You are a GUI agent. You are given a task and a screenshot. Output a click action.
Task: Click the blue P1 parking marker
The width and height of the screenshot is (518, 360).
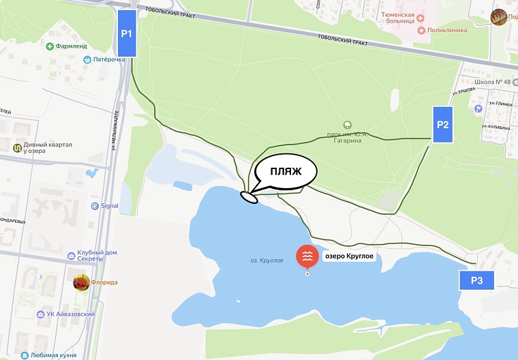pyautogui.click(x=127, y=33)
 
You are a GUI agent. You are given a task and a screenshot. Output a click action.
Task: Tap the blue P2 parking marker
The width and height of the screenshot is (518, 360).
pyautogui.click(x=442, y=125)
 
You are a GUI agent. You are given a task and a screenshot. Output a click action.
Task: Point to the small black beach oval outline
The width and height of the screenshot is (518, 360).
pyautogui.click(x=249, y=198)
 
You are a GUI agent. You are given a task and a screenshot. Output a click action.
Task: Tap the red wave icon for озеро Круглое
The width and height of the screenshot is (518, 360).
pyautogui.click(x=306, y=256)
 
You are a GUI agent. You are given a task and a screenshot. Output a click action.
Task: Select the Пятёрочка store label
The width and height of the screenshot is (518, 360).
pyautogui.click(x=109, y=60)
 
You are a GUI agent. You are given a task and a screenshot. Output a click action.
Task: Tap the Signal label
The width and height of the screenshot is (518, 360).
pyautogui.click(x=109, y=205)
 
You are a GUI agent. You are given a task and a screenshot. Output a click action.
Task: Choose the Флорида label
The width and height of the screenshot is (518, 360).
pyautogui.click(x=105, y=282)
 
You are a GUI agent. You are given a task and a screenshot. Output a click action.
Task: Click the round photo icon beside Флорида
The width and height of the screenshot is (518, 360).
pyautogui.click(x=81, y=282)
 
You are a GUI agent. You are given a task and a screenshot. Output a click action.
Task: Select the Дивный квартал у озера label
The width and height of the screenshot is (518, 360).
pyautogui.click(x=47, y=148)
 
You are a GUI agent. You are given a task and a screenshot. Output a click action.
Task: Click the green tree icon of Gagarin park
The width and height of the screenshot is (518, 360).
pyautogui.click(x=348, y=125)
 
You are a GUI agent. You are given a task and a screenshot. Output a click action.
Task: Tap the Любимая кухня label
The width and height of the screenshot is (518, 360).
pyautogui.click(x=54, y=355)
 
